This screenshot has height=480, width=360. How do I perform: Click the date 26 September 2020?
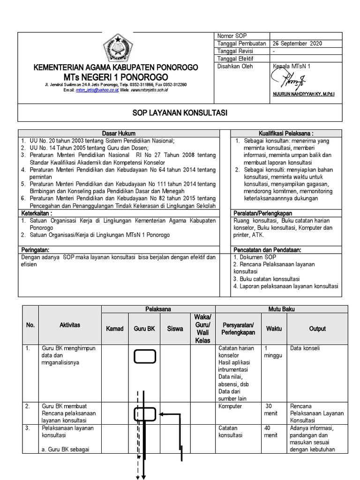point(297,44)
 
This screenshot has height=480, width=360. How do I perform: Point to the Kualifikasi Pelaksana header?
point(286,134)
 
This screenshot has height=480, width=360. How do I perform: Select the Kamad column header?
point(115,329)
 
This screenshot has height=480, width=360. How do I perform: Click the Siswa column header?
point(175,329)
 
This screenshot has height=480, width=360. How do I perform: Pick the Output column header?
point(317,329)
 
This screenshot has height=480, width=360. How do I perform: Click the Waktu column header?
point(274,329)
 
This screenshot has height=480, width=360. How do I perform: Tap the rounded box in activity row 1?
point(145,357)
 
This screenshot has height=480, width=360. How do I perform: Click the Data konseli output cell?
point(305,349)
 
